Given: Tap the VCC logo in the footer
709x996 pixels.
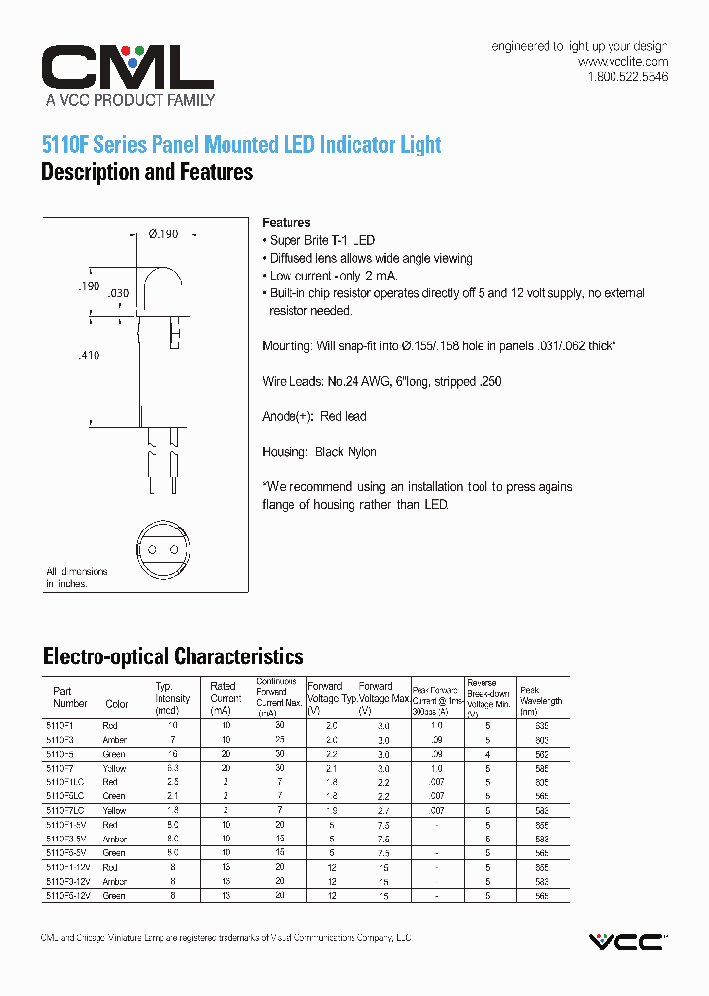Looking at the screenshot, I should point(626,942).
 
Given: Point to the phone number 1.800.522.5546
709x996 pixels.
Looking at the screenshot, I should point(627,76).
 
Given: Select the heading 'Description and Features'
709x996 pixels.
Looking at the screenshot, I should point(147,173).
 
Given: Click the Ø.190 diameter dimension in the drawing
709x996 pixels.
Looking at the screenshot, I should point(162,234).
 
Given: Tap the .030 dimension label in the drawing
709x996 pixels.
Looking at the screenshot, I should point(118,293).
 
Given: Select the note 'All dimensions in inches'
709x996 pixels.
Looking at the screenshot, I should point(77,578).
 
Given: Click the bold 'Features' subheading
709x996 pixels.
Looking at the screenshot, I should point(287,223).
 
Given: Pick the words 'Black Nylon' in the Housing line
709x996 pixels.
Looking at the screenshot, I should point(346,452).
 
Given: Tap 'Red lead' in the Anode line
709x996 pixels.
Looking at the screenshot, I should point(343,416).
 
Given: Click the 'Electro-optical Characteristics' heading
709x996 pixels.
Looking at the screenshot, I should point(172,656).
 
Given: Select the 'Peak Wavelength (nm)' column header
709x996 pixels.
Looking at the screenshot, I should point(542,700).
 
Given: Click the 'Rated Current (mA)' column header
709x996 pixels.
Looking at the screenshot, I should point(225,697).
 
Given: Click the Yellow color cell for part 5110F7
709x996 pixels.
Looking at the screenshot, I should point(115,767).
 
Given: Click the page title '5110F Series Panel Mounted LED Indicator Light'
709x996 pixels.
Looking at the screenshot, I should point(241,145).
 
